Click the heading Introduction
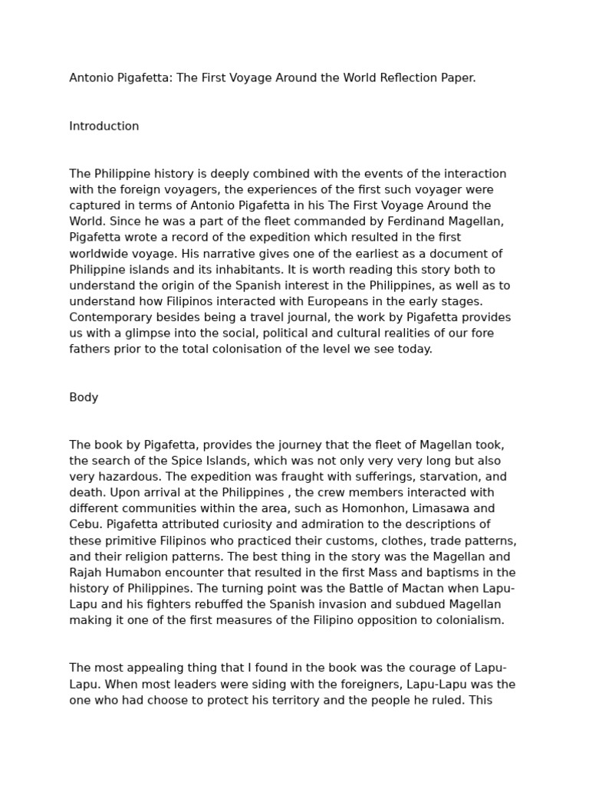[x=104, y=126]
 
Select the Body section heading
[x=84, y=398]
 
